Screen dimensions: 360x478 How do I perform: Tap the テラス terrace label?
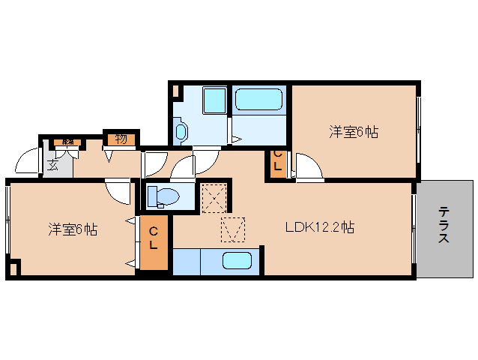click(x=444, y=225)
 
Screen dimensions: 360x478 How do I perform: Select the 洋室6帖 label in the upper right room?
click(x=354, y=133)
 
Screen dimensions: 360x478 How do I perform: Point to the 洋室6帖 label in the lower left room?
click(x=73, y=229)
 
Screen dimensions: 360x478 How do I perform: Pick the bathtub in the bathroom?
click(x=258, y=100)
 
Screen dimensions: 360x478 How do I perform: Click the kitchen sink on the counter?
click(x=238, y=262)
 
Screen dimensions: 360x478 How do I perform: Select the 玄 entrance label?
click(x=53, y=165)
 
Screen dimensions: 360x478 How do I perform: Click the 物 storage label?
click(x=121, y=138)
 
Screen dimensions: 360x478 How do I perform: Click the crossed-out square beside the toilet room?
click(x=215, y=197)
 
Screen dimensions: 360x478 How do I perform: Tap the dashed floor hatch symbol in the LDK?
click(x=232, y=229)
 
